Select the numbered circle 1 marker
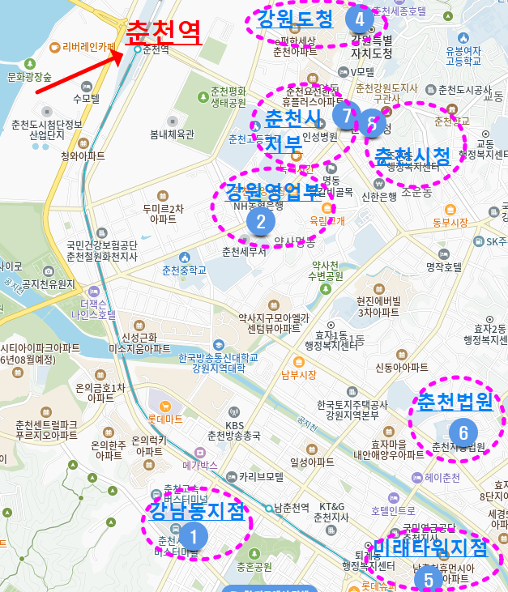[x=193, y=535]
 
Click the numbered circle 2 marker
[x=261, y=220]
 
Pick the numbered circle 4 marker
[x=359, y=17]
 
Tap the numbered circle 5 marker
[x=428, y=579]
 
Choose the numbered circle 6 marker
[x=463, y=429]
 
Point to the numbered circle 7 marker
[x=346, y=115]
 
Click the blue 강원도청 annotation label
[x=294, y=19]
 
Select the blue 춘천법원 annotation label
[x=455, y=402]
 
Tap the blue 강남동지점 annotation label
[x=197, y=511]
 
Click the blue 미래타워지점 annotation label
[x=431, y=548]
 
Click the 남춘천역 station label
[x=292, y=508]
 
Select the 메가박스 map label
[x=200, y=466]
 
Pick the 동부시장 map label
[x=450, y=222]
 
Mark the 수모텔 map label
[x=85, y=98]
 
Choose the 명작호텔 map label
[x=443, y=266]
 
